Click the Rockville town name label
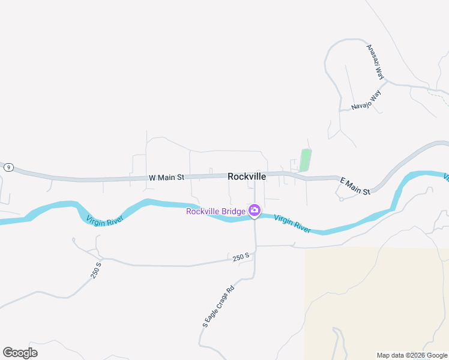point(247,177)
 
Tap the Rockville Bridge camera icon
point(255,210)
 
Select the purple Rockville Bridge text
point(215,211)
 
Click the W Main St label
point(166,178)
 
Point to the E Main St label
point(355,185)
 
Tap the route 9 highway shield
point(8,167)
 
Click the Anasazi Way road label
point(375,61)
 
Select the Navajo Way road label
point(366,100)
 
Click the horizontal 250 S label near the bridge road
point(241,257)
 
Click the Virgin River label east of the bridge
point(292,223)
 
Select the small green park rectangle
point(305,160)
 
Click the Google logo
point(20,353)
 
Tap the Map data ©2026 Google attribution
point(412,355)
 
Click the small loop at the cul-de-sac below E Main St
point(341,199)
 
